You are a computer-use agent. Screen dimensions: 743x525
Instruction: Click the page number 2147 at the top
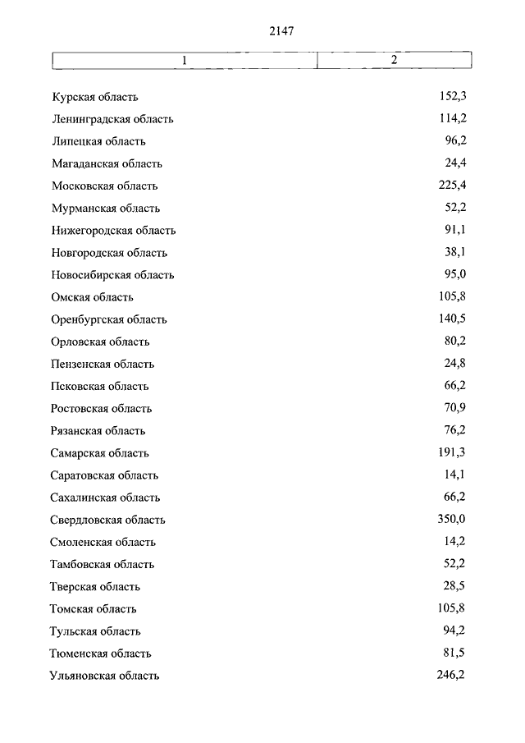click(281, 31)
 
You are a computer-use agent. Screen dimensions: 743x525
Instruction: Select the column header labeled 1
click(185, 61)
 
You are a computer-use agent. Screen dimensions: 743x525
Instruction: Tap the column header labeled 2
click(394, 61)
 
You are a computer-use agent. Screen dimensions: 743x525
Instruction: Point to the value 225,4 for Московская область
click(453, 186)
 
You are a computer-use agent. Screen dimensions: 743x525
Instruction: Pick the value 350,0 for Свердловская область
click(452, 519)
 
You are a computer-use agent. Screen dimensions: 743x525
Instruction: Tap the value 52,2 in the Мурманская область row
click(456, 208)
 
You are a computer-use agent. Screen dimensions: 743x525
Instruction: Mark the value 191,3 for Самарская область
click(453, 452)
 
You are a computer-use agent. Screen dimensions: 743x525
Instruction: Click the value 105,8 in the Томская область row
click(453, 608)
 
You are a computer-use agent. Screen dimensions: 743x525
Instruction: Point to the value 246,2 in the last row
click(453, 675)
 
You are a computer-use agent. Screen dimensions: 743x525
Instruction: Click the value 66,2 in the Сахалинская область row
click(456, 497)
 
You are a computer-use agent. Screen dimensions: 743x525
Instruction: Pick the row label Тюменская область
click(101, 654)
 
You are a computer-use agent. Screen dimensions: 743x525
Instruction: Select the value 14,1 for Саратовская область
click(457, 475)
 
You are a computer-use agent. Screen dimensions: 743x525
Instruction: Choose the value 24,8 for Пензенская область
click(456, 364)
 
